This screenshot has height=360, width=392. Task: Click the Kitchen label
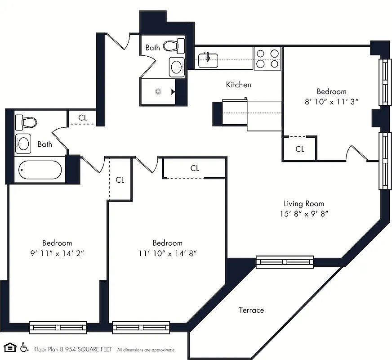tap(238, 85)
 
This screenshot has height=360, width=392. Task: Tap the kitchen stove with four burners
tap(267, 58)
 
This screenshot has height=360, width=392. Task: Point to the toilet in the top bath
tap(174, 45)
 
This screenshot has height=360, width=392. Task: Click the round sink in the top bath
tap(177, 67)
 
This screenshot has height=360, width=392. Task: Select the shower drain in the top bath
tap(158, 91)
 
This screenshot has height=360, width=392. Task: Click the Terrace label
tap(251, 310)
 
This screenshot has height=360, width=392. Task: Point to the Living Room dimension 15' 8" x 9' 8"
tap(303, 214)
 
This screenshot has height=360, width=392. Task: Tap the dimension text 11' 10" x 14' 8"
tap(167, 253)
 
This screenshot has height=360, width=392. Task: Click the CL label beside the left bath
tap(83, 118)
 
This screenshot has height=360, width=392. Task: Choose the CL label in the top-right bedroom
tap(300, 149)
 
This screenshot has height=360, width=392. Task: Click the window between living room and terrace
tap(285, 262)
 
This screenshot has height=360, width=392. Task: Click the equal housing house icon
tap(10, 348)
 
